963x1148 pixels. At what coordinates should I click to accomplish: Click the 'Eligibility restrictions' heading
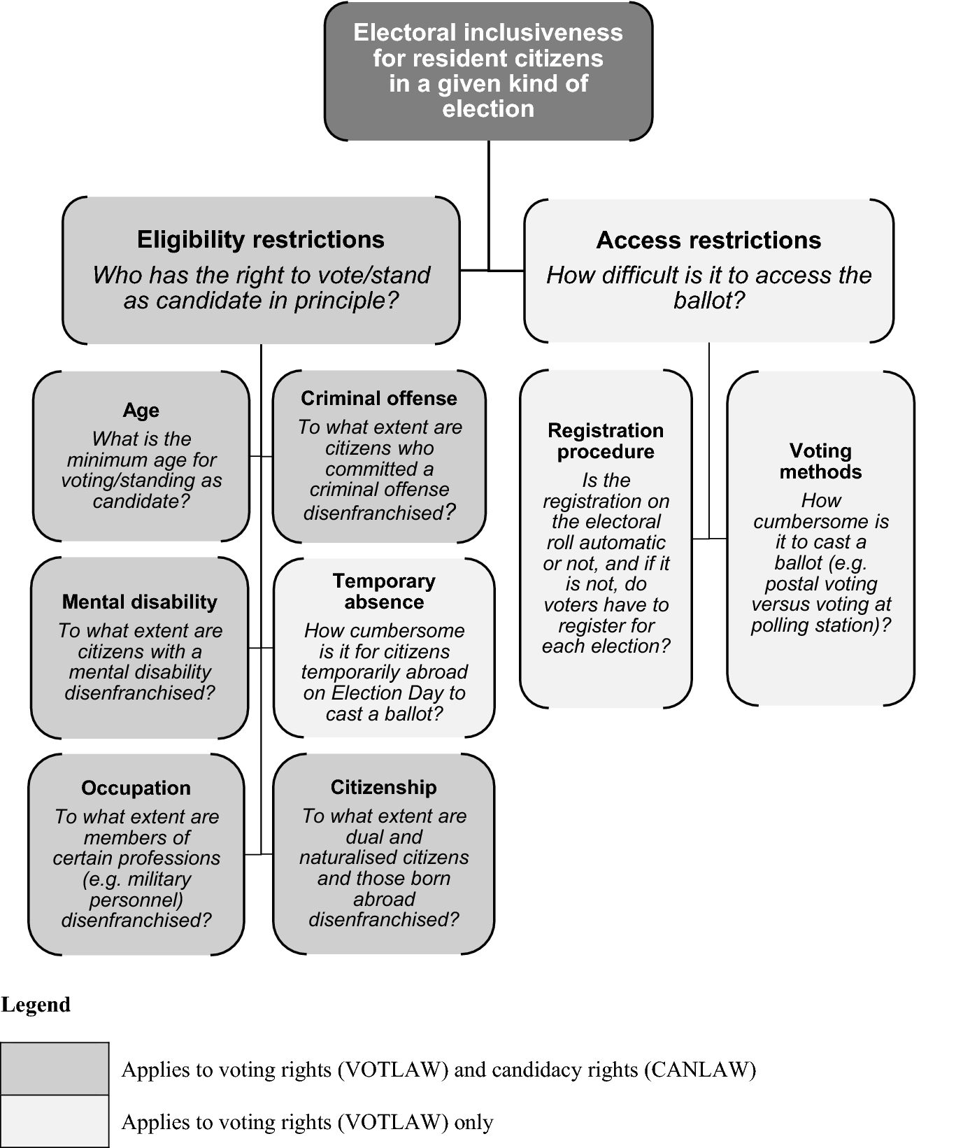coord(260,240)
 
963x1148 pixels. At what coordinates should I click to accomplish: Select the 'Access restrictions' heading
coord(708,241)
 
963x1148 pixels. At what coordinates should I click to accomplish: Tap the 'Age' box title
coord(141,411)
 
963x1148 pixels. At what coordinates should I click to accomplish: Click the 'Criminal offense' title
coord(378,399)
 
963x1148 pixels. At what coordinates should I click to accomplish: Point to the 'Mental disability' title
coord(139,602)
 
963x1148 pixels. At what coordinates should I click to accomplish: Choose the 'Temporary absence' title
coord(384,591)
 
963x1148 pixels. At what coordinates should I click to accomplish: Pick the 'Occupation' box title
coord(136,788)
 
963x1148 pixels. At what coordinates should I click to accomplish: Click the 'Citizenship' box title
coord(383,788)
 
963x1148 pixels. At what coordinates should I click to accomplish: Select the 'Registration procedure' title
coord(606,441)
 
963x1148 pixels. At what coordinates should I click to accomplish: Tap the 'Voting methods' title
coord(820,461)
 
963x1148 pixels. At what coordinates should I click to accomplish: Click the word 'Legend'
coord(36,1005)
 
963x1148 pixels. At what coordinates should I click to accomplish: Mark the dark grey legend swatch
coord(55,1068)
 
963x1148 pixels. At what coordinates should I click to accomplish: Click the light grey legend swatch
coord(55,1121)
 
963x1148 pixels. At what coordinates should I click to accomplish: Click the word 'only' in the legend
coord(473,1122)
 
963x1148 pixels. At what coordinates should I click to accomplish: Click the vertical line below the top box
coord(488,203)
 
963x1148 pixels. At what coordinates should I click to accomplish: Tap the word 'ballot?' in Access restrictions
coord(708,301)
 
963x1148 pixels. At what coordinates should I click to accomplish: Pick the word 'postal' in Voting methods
coord(791,584)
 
